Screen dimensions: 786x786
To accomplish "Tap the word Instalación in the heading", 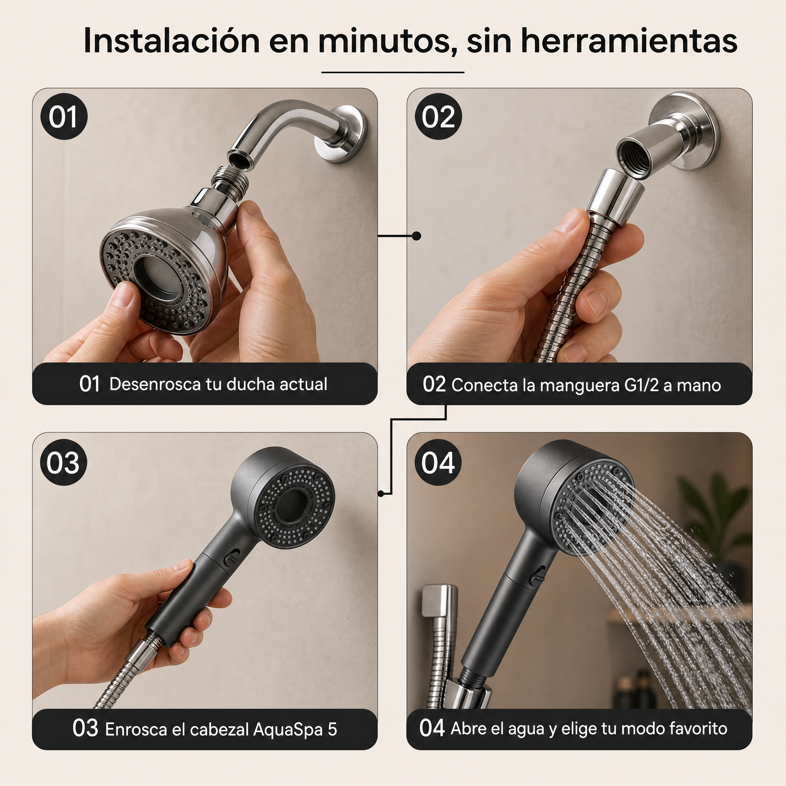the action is [171, 41].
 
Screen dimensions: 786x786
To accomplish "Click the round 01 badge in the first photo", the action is [64, 116].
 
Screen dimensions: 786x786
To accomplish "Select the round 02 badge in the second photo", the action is [438, 116].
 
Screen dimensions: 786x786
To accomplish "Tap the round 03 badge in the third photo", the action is [64, 462].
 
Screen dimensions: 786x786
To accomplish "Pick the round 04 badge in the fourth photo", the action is [438, 462].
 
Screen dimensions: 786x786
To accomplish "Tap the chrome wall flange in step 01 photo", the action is [341, 134].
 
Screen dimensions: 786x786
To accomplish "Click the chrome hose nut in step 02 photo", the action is [616, 197].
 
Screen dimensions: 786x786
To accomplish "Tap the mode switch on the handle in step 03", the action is [233, 556].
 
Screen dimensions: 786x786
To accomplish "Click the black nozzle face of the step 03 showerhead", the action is [294, 507].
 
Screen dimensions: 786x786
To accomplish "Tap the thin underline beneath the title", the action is [393, 72].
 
